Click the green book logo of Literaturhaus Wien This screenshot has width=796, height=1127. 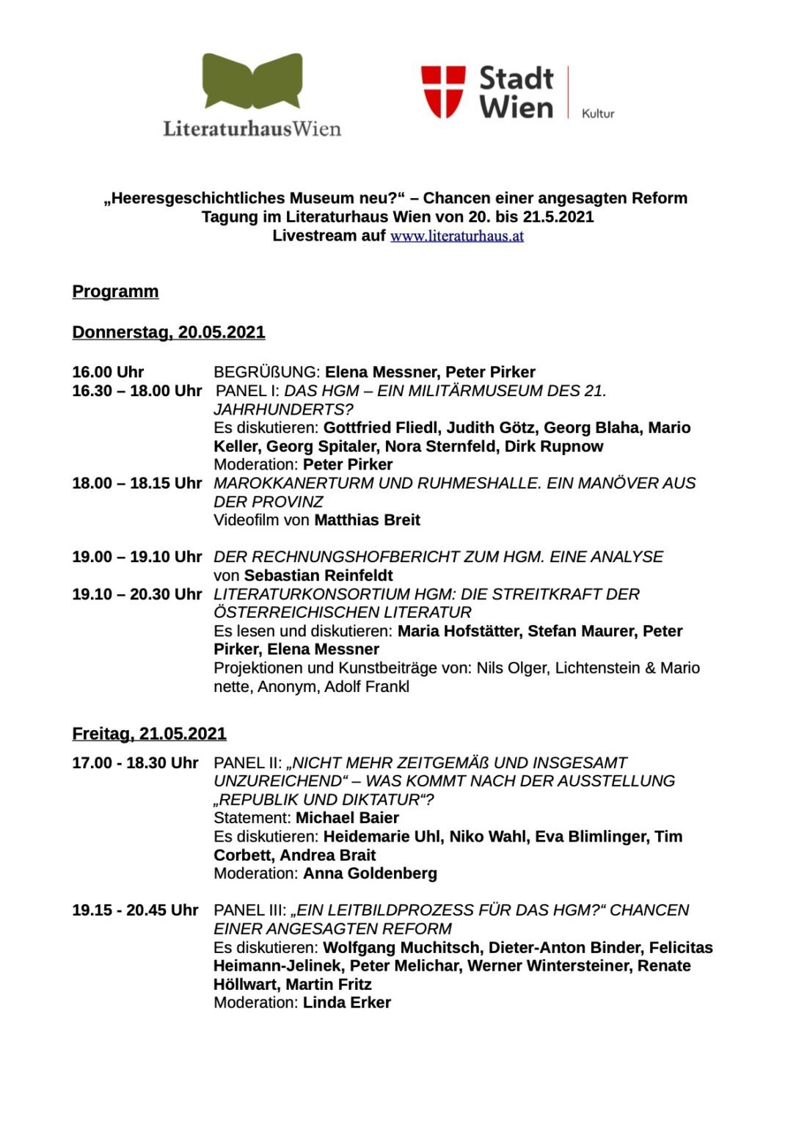pyautogui.click(x=252, y=81)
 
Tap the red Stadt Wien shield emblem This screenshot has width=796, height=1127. pyautogui.click(x=443, y=92)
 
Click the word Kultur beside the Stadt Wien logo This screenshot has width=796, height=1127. pyautogui.click(x=598, y=114)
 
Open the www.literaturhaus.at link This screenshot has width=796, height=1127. pyautogui.click(x=456, y=236)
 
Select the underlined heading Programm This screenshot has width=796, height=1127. pyautogui.click(x=115, y=292)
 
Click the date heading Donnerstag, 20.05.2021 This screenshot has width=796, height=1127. pyautogui.click(x=168, y=332)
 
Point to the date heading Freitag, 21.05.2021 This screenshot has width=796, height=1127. pyautogui.click(x=149, y=734)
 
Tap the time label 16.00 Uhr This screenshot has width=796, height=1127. pyautogui.click(x=108, y=372)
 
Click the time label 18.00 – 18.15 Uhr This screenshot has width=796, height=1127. pyautogui.click(x=136, y=484)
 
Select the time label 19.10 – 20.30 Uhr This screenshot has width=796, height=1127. pyautogui.click(x=136, y=594)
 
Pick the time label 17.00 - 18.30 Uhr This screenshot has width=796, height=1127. pyautogui.click(x=135, y=763)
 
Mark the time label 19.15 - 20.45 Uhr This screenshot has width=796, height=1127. pyautogui.click(x=135, y=911)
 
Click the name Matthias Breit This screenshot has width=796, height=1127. pyautogui.click(x=367, y=520)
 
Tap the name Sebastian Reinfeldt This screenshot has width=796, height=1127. pyautogui.click(x=318, y=576)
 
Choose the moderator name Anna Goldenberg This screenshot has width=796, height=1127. pyautogui.click(x=370, y=874)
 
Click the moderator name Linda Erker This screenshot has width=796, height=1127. pyautogui.click(x=346, y=1003)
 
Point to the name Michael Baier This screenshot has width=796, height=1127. pyautogui.click(x=347, y=818)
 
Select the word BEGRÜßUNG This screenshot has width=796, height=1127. pyautogui.click(x=266, y=372)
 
